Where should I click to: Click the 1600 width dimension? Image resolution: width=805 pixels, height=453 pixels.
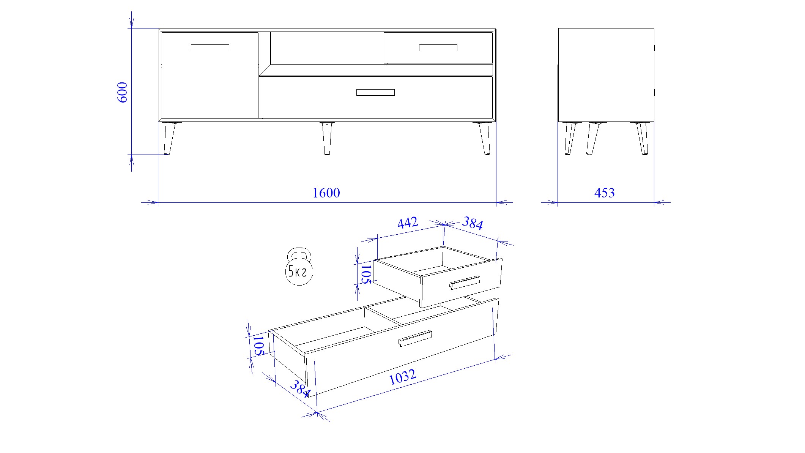326,193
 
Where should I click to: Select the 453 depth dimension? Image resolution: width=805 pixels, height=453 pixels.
604,193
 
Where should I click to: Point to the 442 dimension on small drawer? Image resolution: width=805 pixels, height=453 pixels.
408,223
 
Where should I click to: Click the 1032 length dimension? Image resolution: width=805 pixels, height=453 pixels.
403,377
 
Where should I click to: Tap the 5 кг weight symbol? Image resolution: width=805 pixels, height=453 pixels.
299,267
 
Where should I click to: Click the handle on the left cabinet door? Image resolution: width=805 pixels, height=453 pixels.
210,48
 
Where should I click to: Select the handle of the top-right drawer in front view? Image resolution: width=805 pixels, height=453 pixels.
438,48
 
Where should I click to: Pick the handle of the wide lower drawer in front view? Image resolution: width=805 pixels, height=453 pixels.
375,92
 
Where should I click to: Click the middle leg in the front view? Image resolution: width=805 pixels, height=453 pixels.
326,138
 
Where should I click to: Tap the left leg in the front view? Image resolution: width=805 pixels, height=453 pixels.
169,138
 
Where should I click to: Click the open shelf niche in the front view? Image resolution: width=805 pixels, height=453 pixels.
327,48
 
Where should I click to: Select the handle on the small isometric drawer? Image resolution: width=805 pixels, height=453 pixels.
465,283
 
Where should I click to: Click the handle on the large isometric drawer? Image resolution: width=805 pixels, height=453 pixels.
415,338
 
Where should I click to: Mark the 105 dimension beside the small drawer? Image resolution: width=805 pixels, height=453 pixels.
365,274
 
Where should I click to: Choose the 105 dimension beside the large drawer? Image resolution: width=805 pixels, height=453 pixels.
258,345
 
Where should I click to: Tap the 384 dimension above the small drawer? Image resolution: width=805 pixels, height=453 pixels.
473,223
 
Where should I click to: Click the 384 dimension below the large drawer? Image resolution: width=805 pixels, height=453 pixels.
300,388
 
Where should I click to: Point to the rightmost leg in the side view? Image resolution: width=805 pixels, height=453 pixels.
642,138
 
